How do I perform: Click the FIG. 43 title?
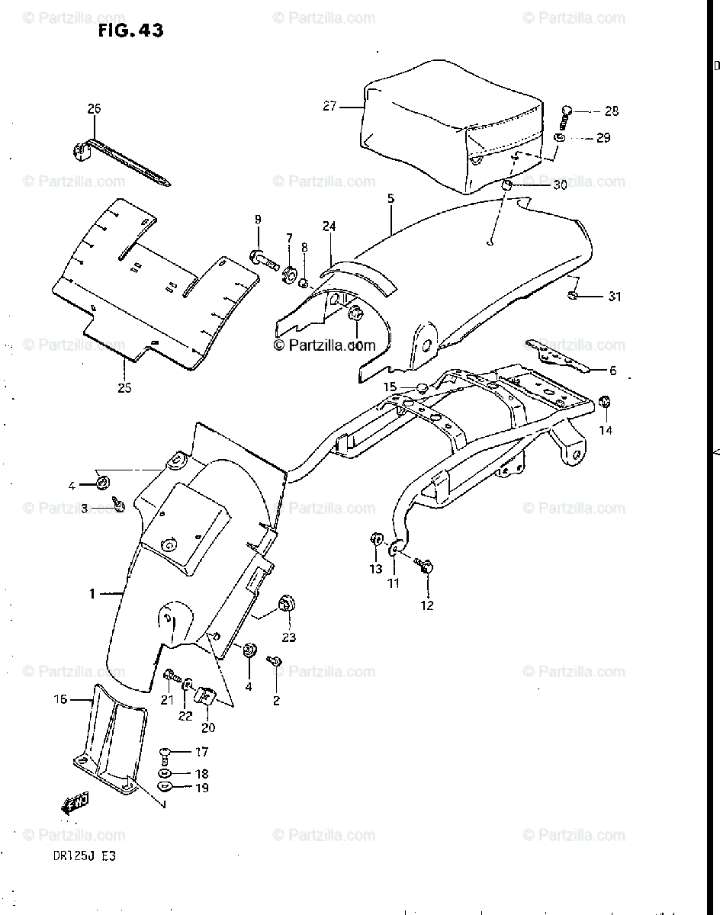pyautogui.click(x=130, y=30)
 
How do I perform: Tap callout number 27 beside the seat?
pyautogui.click(x=329, y=107)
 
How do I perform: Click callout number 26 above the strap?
pyautogui.click(x=94, y=109)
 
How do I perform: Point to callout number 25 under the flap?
pyautogui.click(x=124, y=387)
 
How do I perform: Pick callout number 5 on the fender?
pyautogui.click(x=390, y=199)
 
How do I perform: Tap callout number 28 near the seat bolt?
pyautogui.click(x=611, y=111)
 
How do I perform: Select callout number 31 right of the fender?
pyautogui.click(x=614, y=297)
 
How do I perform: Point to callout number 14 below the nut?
pyautogui.click(x=605, y=430)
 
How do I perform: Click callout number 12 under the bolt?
pyautogui.click(x=427, y=605)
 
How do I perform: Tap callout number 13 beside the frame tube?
pyautogui.click(x=374, y=569)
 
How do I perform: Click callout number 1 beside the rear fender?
pyautogui.click(x=92, y=594)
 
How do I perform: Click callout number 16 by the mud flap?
pyautogui.click(x=59, y=698)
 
